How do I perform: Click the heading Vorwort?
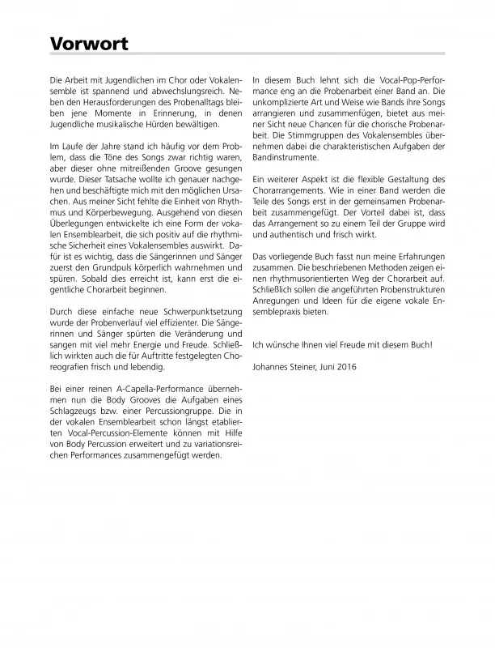88,44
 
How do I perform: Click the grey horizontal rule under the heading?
247,54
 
